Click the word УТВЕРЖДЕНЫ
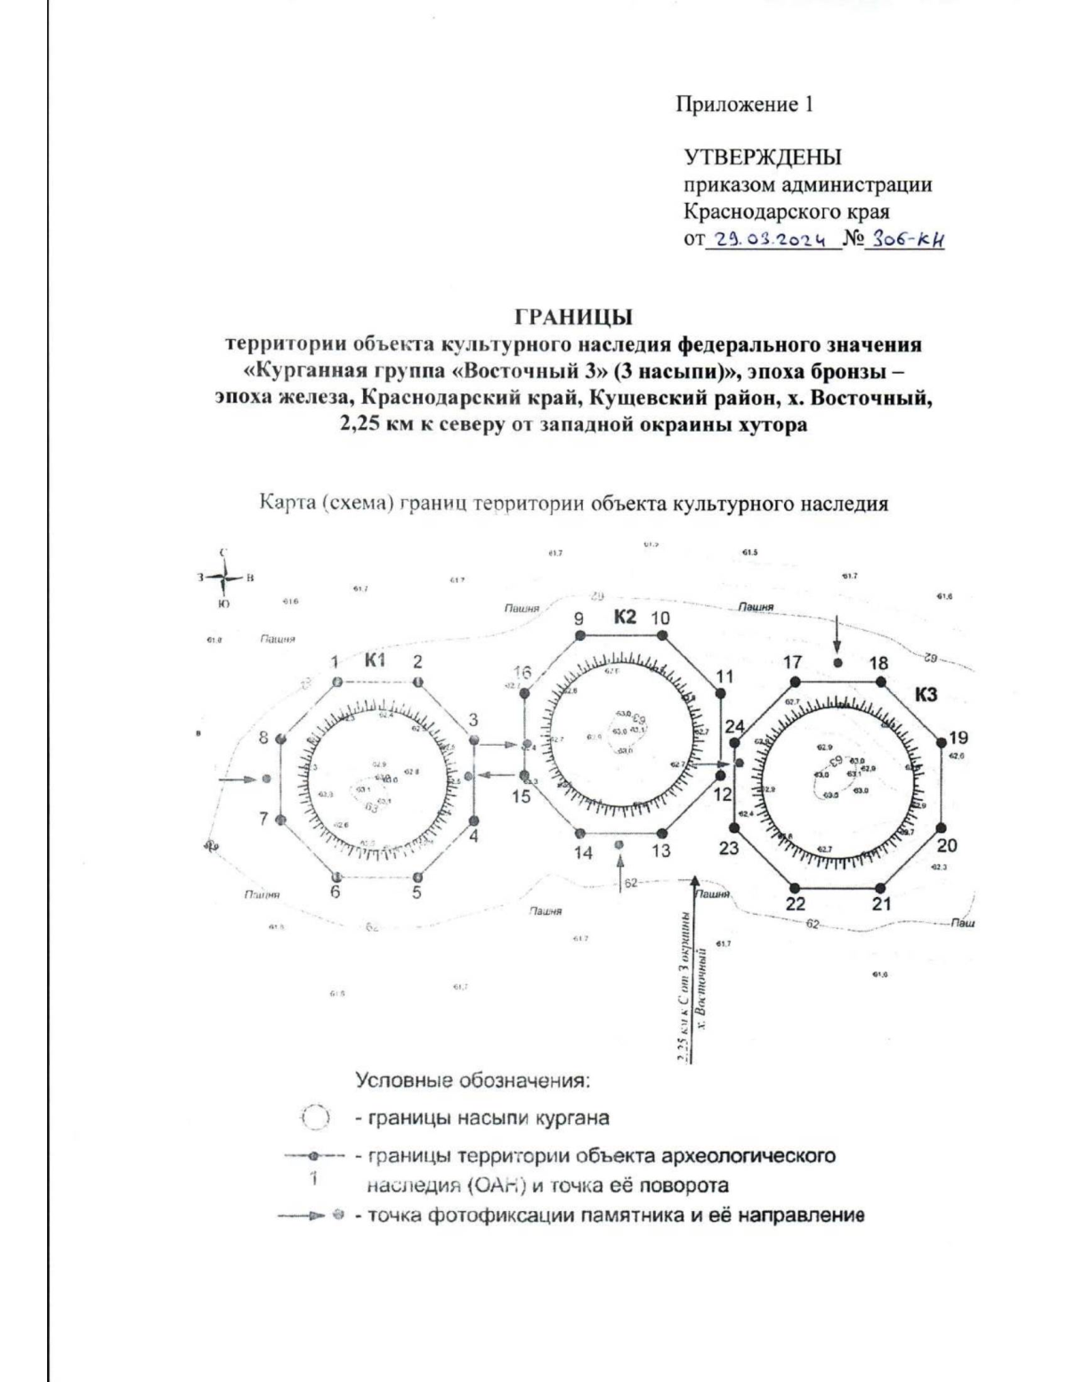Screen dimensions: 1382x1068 (761, 158)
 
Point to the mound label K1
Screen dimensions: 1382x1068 (375, 659)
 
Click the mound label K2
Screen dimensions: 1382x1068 (625, 616)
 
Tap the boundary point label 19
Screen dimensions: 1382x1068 (959, 738)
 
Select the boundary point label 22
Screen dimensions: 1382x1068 (796, 904)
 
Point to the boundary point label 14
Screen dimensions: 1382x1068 (583, 852)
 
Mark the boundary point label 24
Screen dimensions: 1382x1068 (734, 727)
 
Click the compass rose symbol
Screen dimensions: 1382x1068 (223, 578)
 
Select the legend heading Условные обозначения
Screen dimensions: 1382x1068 (473, 1081)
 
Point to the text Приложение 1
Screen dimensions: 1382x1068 (745, 106)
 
